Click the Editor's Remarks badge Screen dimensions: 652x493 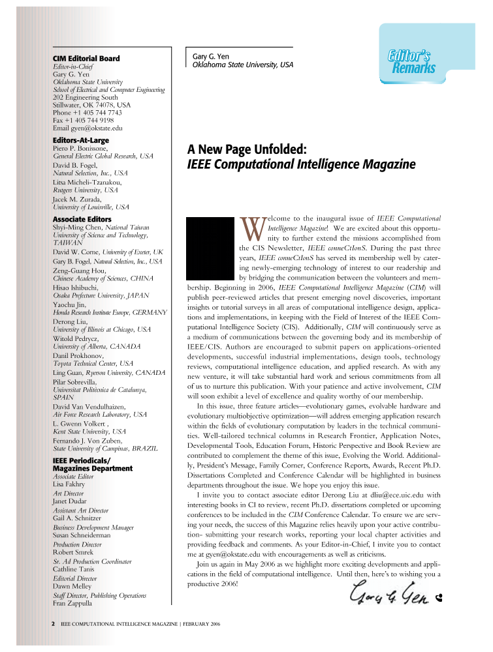409,61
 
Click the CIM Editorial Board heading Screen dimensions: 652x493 86,59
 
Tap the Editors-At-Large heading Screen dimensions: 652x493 80,140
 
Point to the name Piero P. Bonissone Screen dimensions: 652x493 82,149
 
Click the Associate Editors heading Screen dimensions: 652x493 82,219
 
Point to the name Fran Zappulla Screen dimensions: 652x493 73,604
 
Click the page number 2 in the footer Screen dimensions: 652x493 53,624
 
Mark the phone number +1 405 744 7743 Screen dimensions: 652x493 102,112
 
